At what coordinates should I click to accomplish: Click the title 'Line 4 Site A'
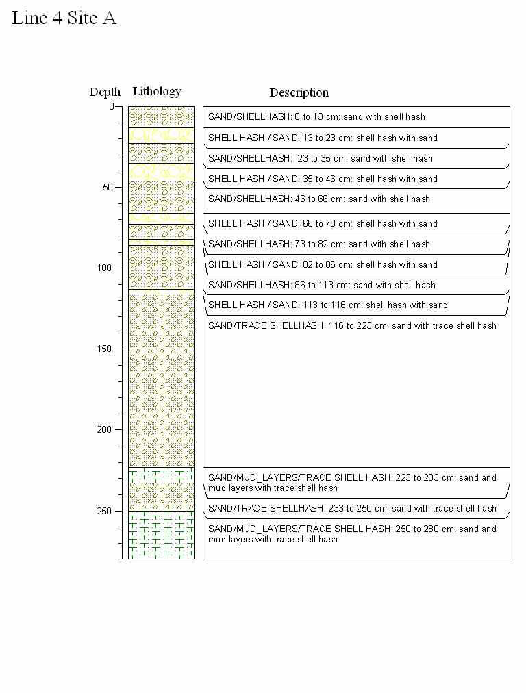coord(64,18)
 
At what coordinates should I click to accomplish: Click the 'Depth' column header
coord(105,92)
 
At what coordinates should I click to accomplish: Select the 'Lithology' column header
coord(157,91)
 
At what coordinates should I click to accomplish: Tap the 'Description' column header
coord(299,92)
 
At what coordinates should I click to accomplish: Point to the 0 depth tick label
coord(111,106)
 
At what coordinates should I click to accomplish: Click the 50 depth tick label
coord(108,187)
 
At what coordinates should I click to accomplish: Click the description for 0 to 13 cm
coord(316,117)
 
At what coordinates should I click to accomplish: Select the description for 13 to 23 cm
coord(323,138)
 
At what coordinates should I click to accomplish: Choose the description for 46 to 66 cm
coord(319,199)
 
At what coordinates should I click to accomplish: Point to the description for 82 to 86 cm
coord(323,265)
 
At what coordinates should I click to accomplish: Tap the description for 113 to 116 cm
coord(328,305)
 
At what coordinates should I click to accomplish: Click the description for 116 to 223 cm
coord(352,326)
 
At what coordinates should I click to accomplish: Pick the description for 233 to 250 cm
coord(352,509)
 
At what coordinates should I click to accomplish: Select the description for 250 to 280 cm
coord(352,534)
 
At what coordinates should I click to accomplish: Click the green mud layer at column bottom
coord(162,535)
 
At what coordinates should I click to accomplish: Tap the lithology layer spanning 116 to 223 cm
coord(162,380)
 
